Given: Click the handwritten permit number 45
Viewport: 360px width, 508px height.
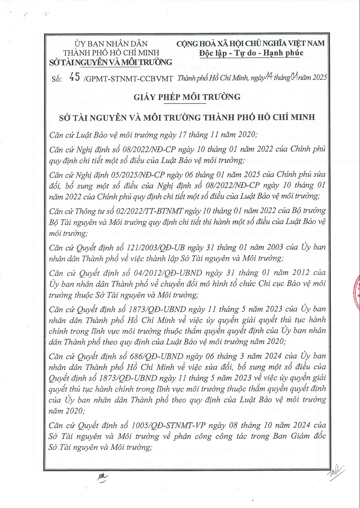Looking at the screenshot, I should pyautogui.click(x=74, y=77).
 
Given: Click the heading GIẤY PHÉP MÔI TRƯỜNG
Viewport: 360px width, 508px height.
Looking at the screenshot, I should pyautogui.click(x=187, y=97).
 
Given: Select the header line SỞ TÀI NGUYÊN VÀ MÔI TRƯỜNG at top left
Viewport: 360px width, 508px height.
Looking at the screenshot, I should pyautogui.click(x=110, y=62).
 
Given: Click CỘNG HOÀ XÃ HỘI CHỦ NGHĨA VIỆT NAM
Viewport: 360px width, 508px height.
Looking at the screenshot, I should pyautogui.click(x=251, y=44).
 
